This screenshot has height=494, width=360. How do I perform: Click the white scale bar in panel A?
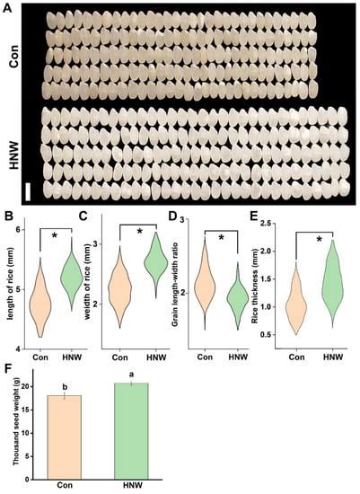coord(28,191)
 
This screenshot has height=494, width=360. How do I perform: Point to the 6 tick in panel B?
coord(22,230)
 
